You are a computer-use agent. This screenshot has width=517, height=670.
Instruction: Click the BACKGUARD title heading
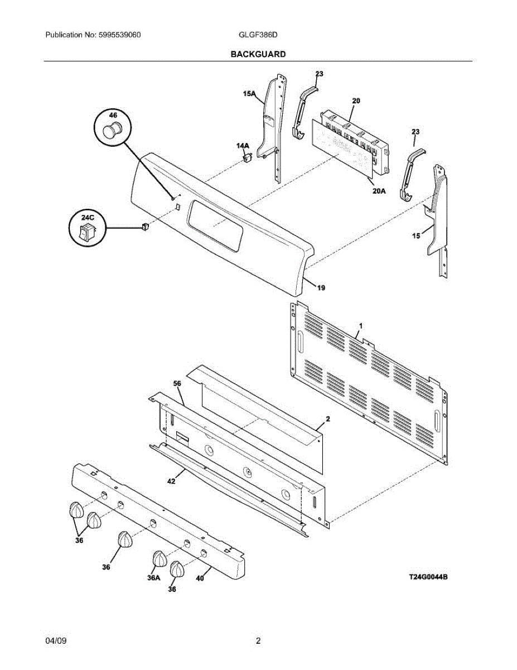pyautogui.click(x=258, y=54)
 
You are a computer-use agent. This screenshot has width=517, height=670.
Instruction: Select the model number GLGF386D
pyautogui.click(x=258, y=35)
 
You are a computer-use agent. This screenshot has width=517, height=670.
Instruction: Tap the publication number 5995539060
pyautogui.click(x=119, y=35)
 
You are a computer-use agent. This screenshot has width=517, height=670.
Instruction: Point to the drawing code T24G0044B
pyautogui.click(x=428, y=577)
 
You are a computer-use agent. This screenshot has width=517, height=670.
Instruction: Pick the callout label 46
pyautogui.click(x=113, y=115)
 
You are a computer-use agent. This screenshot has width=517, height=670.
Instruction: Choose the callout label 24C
pyautogui.click(x=88, y=218)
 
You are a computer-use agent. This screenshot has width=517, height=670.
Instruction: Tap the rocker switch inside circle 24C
pyautogui.click(x=87, y=232)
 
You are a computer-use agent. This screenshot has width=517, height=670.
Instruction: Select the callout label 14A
pyautogui.click(x=243, y=146)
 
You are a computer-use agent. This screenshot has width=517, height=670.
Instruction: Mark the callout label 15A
pyautogui.click(x=249, y=93)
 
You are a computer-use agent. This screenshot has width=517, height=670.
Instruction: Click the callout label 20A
pyautogui.click(x=379, y=191)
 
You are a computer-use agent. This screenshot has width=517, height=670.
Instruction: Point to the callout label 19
pyautogui.click(x=321, y=288)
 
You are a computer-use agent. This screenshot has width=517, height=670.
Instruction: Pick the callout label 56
pyautogui.click(x=177, y=384)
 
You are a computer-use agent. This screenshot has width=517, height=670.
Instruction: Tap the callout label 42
pyautogui.click(x=171, y=481)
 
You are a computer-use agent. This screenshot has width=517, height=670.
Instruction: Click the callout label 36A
pyautogui.click(x=154, y=578)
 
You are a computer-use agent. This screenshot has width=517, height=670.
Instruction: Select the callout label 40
pyautogui.click(x=200, y=578)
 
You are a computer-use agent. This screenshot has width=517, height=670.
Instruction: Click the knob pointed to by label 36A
pyautogui.click(x=160, y=559)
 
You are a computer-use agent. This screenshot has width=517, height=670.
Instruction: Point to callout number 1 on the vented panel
pyautogui.click(x=361, y=326)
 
